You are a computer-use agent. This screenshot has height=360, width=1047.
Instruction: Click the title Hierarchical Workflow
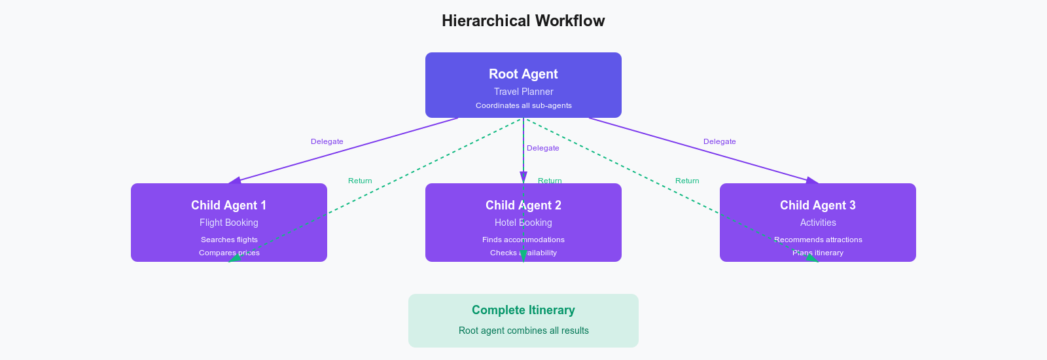[523, 21]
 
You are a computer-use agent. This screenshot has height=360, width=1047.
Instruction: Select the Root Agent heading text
[523, 74]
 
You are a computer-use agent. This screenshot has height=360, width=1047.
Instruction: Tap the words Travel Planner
[523, 92]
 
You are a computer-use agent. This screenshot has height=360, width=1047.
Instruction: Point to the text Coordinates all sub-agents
[523, 105]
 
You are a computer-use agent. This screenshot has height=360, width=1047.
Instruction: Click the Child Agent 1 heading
[228, 205]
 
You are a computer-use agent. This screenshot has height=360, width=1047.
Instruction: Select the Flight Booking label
[228, 223]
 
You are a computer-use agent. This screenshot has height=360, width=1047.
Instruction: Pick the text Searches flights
[228, 240]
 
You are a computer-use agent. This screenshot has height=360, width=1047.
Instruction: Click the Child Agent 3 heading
[817, 205]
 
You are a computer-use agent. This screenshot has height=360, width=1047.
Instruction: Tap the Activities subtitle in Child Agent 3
[817, 223]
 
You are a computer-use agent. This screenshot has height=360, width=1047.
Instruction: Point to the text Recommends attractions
[817, 240]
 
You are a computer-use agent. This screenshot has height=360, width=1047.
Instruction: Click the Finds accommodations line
[523, 240]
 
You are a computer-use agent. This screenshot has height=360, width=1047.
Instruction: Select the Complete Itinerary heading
[523, 310]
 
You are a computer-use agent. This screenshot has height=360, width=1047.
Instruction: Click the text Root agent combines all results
[523, 331]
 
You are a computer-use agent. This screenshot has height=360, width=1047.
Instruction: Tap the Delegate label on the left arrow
[327, 141]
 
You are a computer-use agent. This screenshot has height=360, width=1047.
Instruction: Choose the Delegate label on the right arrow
[719, 141]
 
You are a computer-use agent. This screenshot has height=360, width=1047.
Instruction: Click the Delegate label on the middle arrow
[542, 148]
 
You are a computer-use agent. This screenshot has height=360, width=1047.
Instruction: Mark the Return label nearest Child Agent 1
[359, 181]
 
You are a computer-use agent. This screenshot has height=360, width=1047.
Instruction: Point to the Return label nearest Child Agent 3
[686, 181]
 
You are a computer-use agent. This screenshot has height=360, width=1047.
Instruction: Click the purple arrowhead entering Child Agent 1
[235, 180]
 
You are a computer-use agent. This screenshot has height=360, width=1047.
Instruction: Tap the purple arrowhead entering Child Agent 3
[812, 180]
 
